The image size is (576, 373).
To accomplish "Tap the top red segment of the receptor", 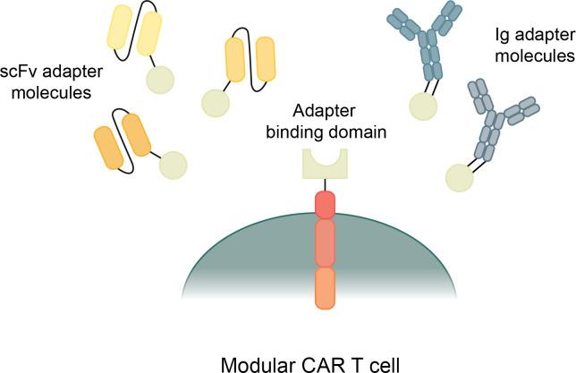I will coord(324,204).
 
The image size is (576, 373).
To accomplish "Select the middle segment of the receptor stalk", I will coord(324,242).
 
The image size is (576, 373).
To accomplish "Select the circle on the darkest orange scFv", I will coord(172,165).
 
